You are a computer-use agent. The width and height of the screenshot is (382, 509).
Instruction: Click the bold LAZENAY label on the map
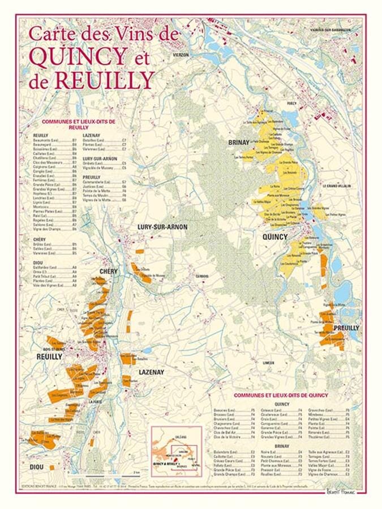151,372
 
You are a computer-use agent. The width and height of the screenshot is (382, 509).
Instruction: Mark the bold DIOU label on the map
36,467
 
